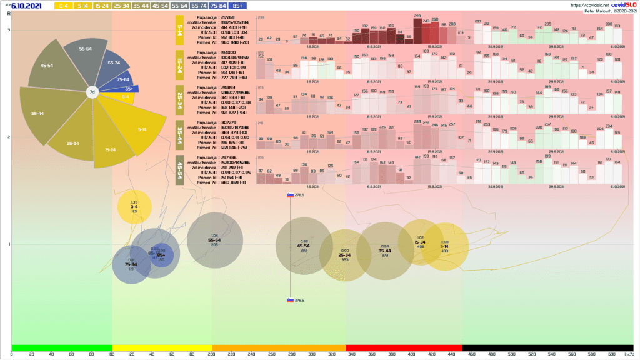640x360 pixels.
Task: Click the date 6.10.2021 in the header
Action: click(26, 6)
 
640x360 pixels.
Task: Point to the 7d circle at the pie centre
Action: click(92, 92)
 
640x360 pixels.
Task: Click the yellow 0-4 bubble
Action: click(134, 207)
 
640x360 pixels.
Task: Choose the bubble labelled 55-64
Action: click(214, 240)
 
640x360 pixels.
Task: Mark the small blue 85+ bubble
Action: click(161, 255)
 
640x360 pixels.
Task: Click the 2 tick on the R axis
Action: click(9, 137)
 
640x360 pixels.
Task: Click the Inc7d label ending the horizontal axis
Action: click(628, 354)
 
